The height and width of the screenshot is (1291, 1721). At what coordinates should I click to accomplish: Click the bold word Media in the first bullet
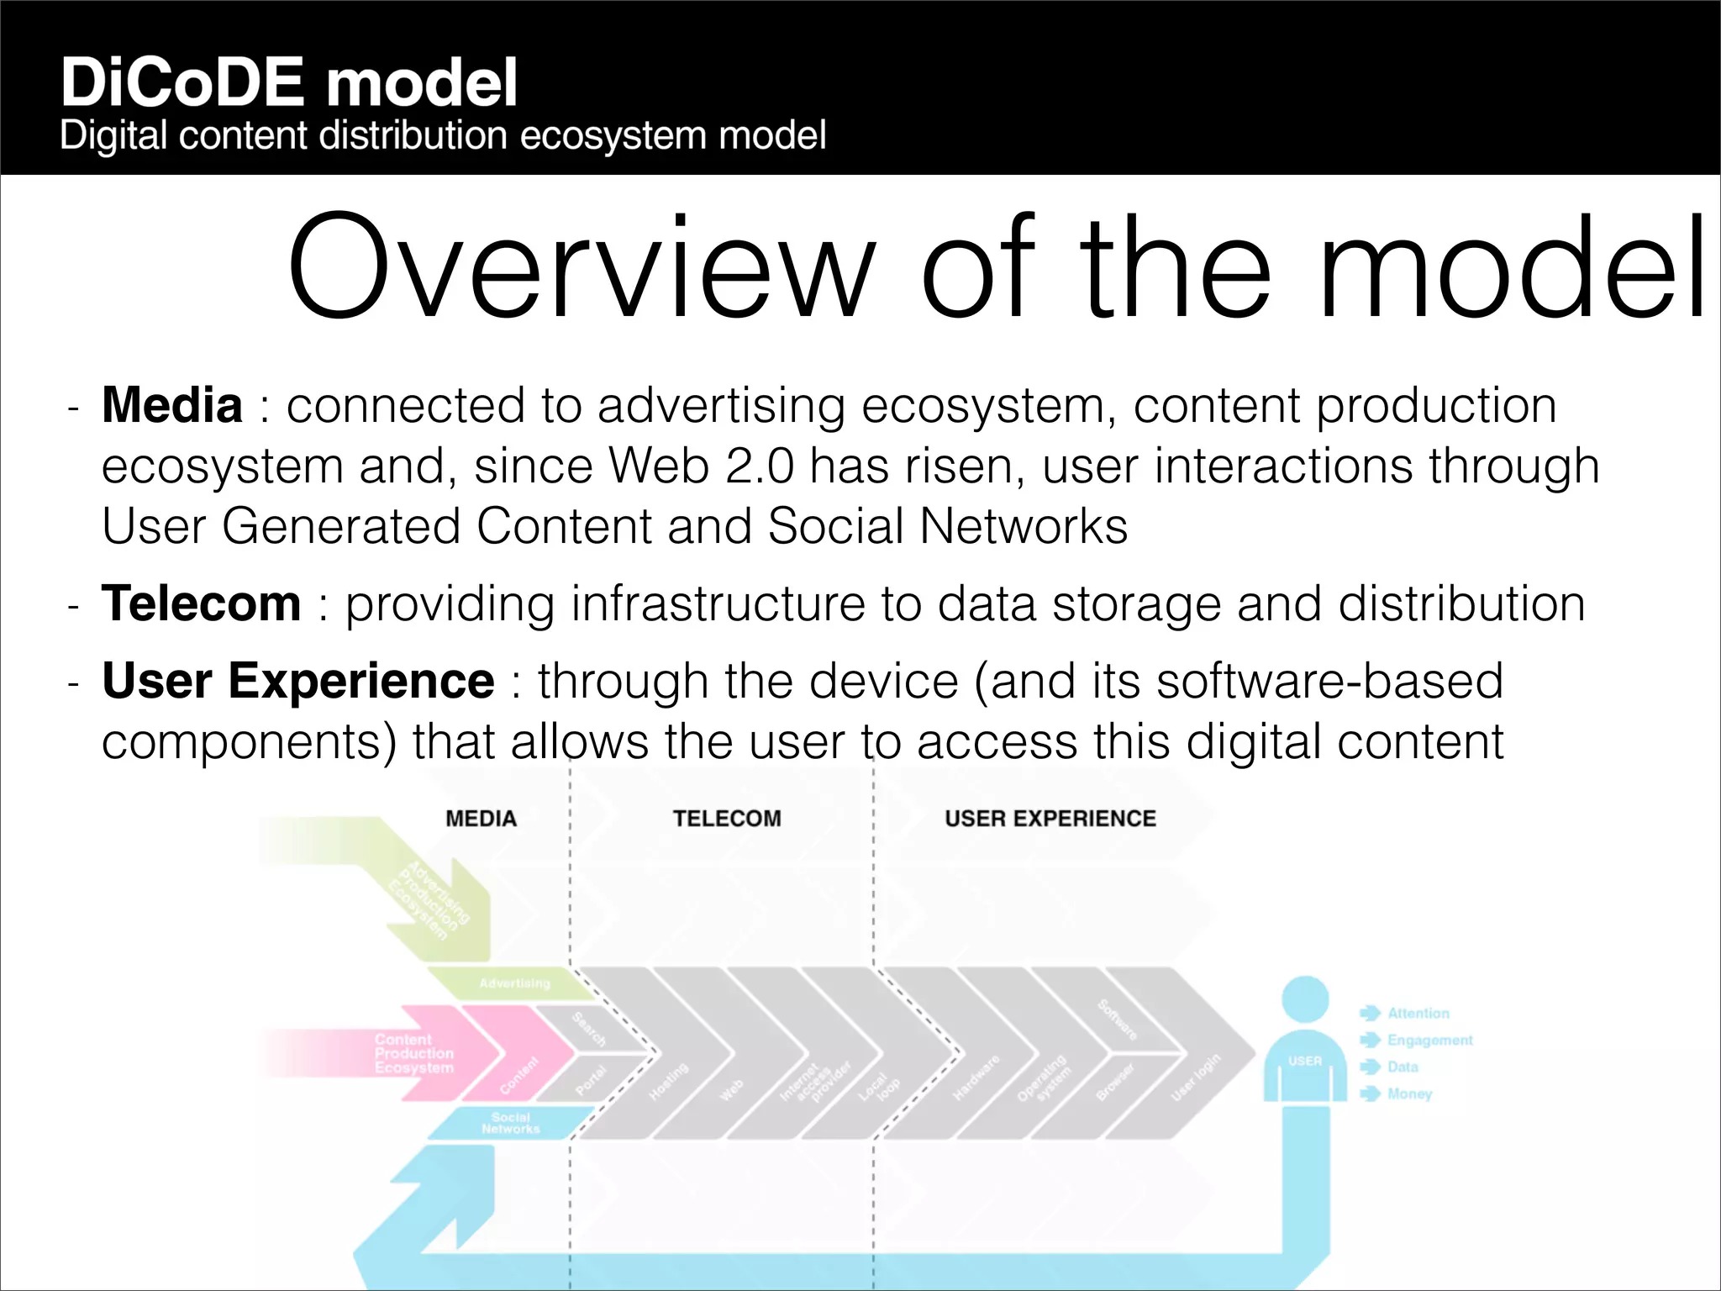(172, 405)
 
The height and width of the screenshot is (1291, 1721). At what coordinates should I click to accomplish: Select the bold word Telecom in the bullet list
(201, 603)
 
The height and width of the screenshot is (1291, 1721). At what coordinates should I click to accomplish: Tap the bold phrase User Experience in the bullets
(297, 681)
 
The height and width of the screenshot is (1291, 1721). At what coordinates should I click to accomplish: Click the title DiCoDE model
(289, 82)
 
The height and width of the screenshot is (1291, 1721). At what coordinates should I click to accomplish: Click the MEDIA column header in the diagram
(481, 819)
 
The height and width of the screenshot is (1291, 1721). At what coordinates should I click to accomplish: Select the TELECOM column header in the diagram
(727, 819)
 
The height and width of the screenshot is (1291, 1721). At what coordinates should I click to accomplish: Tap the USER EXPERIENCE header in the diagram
(1050, 819)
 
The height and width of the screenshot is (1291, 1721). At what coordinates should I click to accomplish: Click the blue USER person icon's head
(1304, 999)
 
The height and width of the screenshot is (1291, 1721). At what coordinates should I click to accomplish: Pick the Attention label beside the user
(1418, 1014)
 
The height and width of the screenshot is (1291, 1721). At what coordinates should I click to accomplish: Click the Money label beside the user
(1409, 1094)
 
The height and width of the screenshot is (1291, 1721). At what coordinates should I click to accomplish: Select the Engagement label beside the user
(1429, 1041)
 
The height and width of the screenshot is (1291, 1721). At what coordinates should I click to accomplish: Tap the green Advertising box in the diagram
(513, 983)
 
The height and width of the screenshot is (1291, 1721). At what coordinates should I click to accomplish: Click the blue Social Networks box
(510, 1124)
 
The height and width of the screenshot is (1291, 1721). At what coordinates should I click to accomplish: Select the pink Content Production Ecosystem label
(413, 1054)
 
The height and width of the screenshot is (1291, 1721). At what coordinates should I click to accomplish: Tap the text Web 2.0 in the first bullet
(701, 466)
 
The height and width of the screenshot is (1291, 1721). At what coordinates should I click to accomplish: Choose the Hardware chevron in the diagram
(976, 1079)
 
